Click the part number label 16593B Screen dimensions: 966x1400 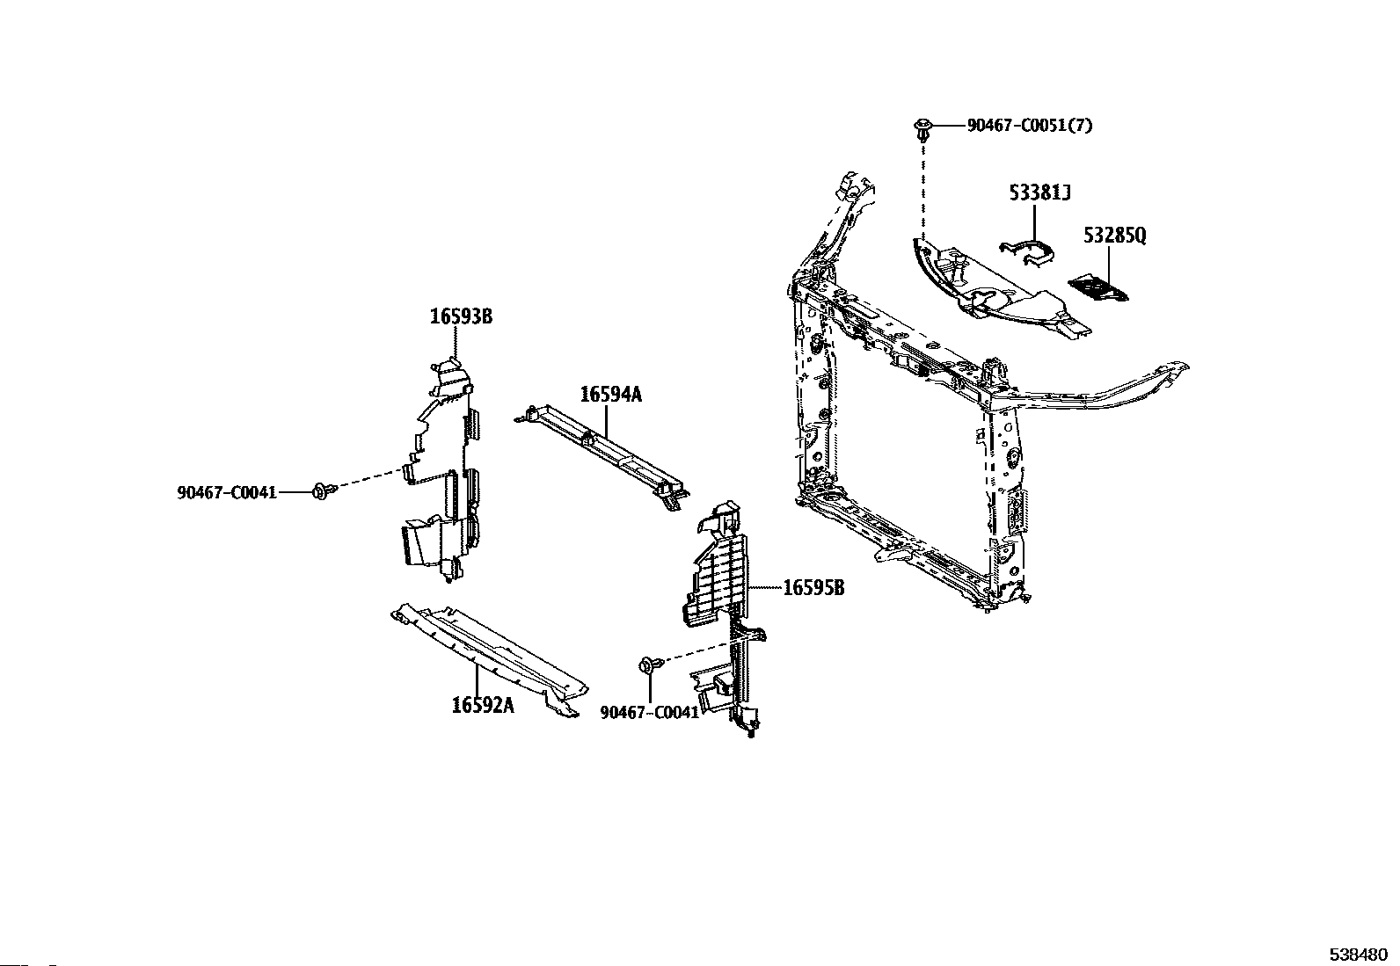point(460,316)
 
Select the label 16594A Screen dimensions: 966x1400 point(610,395)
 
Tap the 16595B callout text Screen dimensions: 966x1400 point(813,587)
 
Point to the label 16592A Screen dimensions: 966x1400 point(483,705)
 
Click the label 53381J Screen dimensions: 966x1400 point(1039,192)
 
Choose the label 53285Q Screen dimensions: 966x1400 point(1115,236)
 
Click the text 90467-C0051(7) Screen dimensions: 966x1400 point(1030,126)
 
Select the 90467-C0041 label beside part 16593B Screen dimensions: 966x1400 point(227,492)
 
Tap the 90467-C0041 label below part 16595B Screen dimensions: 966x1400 point(650,712)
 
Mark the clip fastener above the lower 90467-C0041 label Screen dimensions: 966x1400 point(649,665)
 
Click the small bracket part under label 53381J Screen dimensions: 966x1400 point(1027,252)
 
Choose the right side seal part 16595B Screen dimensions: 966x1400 point(726,606)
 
